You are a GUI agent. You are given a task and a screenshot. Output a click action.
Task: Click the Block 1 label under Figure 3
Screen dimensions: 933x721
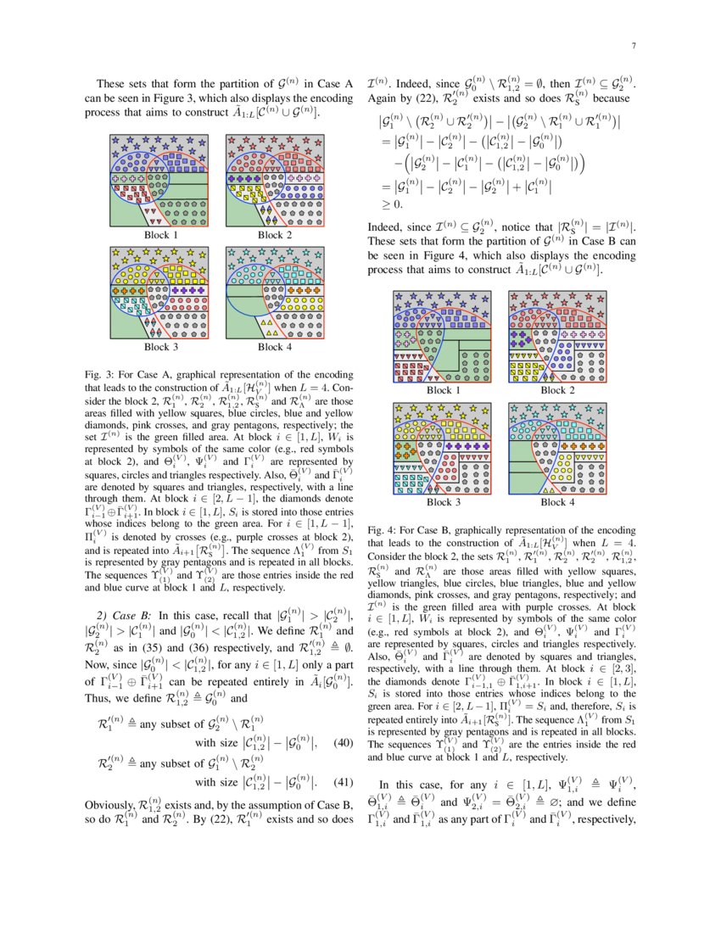pyautogui.click(x=161, y=235)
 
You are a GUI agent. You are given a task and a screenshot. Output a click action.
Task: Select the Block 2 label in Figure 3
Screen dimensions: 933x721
pyautogui.click(x=275, y=235)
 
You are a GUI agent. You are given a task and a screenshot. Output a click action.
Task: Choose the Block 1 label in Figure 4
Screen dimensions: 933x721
pyautogui.click(x=439, y=390)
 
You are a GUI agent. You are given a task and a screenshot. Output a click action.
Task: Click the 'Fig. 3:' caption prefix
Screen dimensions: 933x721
pyautogui.click(x=100, y=374)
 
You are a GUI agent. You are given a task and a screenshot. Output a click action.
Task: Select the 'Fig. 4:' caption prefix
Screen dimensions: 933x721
pyautogui.click(x=381, y=530)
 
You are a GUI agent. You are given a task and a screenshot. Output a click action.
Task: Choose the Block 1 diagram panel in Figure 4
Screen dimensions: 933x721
pyautogui.click(x=439, y=336)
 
